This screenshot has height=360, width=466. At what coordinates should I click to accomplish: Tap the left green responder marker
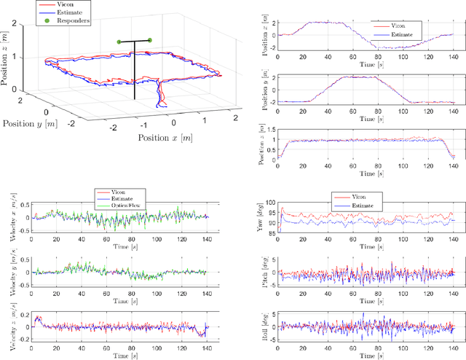tap(119, 42)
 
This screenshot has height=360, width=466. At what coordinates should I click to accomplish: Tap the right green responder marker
tap(150, 40)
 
